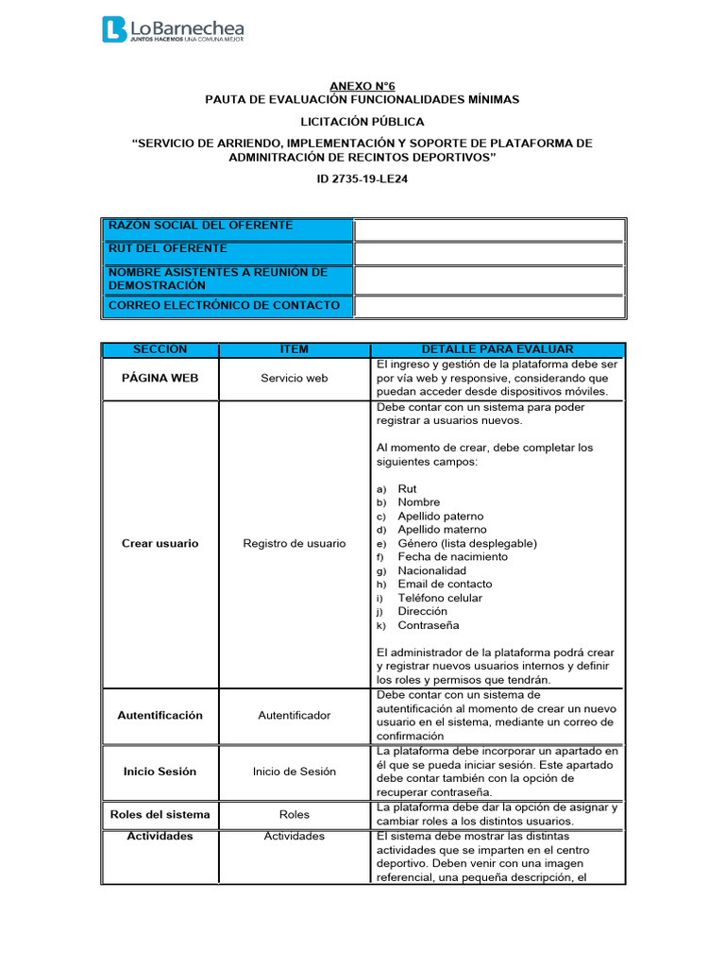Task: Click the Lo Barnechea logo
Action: pyautogui.click(x=173, y=29)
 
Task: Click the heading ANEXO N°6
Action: pyautogui.click(x=362, y=85)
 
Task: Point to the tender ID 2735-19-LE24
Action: pyautogui.click(x=362, y=178)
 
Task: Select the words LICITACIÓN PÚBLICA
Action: pyautogui.click(x=362, y=122)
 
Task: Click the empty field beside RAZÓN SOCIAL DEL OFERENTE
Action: pyautogui.click(x=489, y=229)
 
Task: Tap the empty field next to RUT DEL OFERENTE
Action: pyautogui.click(x=489, y=253)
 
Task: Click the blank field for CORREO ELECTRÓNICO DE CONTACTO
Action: pyautogui.click(x=489, y=307)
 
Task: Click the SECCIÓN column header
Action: pyautogui.click(x=160, y=349)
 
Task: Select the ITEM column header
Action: pyautogui.click(x=294, y=349)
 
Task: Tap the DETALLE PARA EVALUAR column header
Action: pyautogui.click(x=497, y=349)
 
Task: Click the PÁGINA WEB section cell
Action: pyautogui.click(x=160, y=377)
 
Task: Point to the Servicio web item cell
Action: pyautogui.click(x=294, y=378)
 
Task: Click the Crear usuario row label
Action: pyautogui.click(x=160, y=543)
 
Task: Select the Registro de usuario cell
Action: pyautogui.click(x=294, y=543)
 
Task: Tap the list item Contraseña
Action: pyautogui.click(x=429, y=625)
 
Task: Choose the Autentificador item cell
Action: pyautogui.click(x=294, y=715)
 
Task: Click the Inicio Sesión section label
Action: pyautogui.click(x=160, y=771)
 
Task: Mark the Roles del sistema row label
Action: pyautogui.click(x=160, y=814)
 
